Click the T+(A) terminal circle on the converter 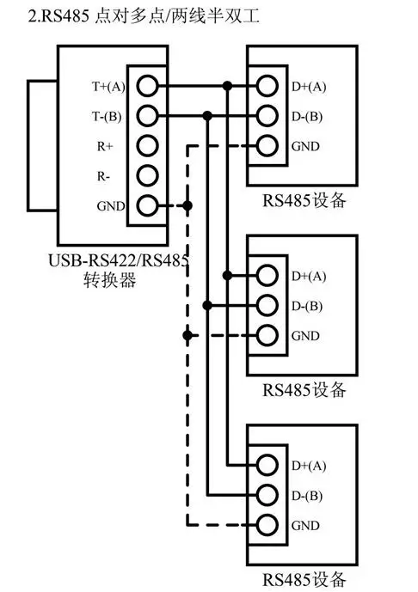148,86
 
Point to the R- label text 101,176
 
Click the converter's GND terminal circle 148,206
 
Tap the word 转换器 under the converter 106,281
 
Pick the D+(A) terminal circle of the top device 267,86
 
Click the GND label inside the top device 305,146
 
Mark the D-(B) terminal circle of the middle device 267,306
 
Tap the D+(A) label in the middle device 309,276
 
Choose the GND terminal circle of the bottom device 267,524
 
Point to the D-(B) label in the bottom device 308,495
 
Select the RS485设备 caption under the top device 304,201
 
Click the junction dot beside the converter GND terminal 187,206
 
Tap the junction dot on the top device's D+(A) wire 227,86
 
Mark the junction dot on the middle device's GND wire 187,335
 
